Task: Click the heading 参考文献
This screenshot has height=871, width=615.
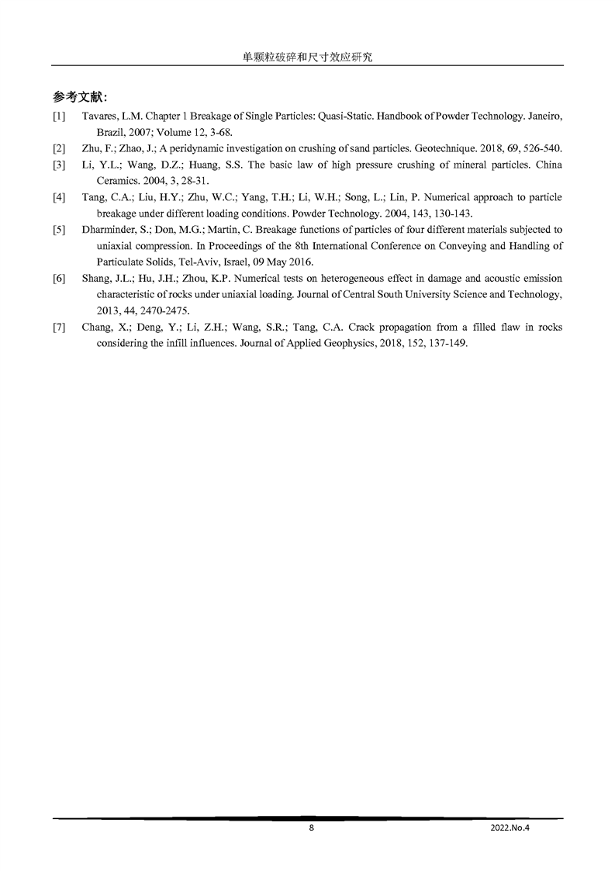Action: [x=80, y=97]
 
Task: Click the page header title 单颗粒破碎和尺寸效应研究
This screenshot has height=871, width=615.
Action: [x=307, y=57]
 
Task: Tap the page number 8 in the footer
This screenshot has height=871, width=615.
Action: [x=312, y=828]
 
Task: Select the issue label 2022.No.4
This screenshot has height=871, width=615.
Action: [x=510, y=828]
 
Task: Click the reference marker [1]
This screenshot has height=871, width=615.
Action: [x=59, y=116]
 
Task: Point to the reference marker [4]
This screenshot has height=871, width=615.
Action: [x=59, y=197]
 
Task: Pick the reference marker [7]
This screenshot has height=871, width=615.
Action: [x=59, y=327]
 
